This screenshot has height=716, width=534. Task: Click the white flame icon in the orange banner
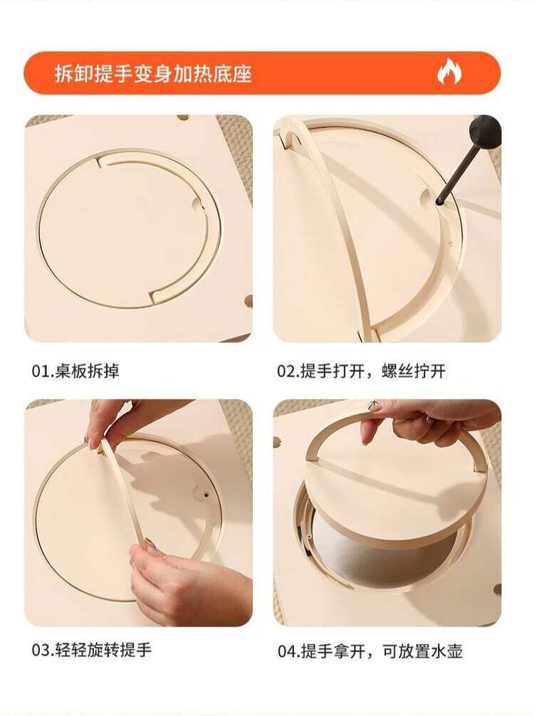[x=449, y=72]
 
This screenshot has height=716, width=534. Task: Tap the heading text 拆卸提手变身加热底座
[x=154, y=73]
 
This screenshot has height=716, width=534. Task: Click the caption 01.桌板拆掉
[x=75, y=371]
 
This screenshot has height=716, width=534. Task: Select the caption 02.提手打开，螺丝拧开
[x=361, y=371]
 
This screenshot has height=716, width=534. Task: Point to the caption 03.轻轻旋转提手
[x=91, y=650]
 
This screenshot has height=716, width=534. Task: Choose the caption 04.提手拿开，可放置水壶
[x=370, y=651]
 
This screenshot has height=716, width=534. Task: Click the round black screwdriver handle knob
[x=486, y=132]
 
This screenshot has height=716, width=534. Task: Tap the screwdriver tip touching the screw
[x=439, y=201]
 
